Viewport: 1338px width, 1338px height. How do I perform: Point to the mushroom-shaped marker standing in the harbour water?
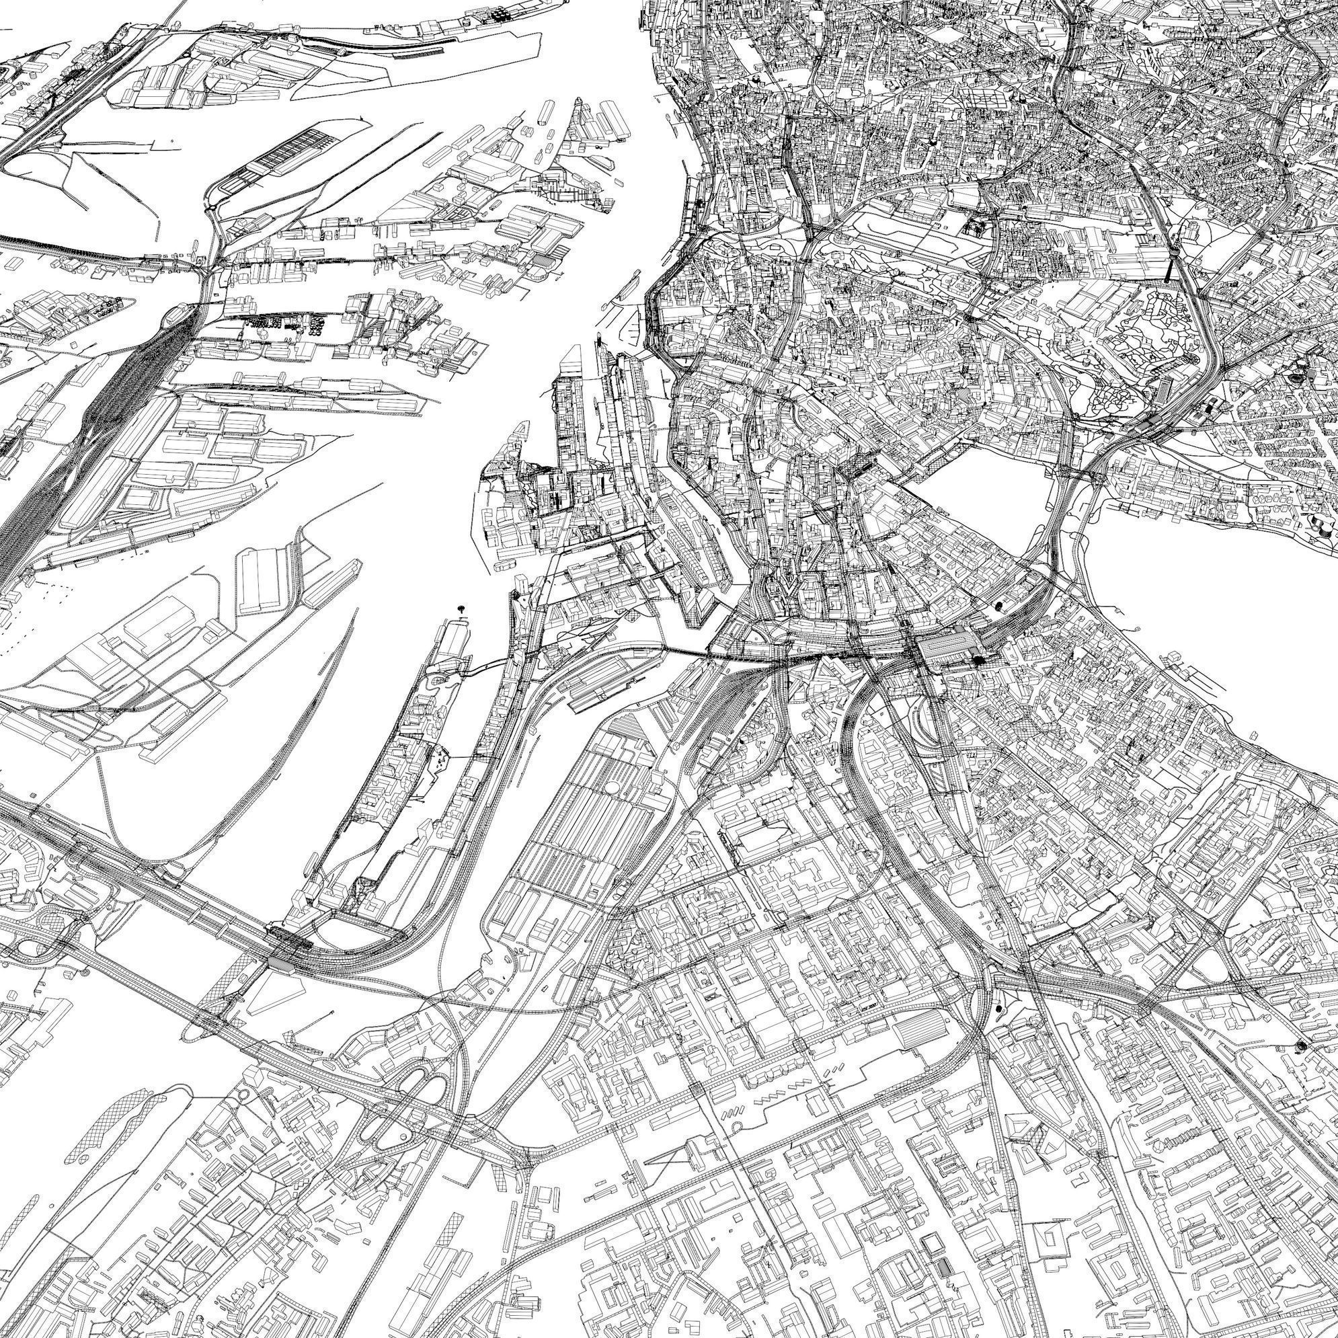(x=461, y=608)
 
